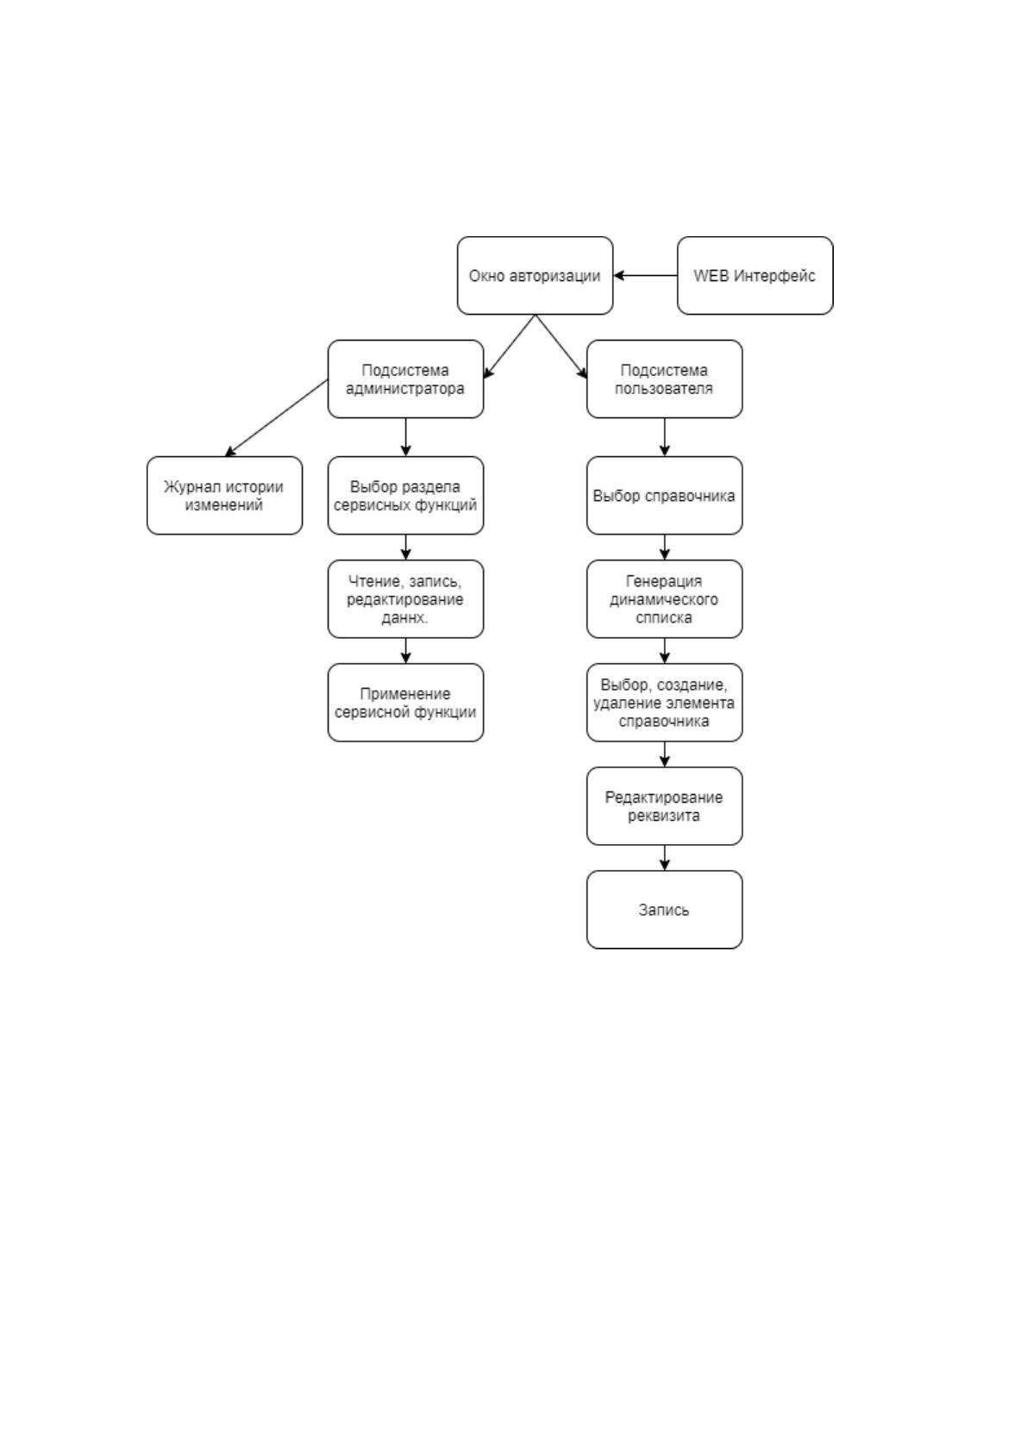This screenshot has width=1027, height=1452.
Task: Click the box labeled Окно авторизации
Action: tap(535, 276)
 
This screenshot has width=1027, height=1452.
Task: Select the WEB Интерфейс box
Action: tap(755, 276)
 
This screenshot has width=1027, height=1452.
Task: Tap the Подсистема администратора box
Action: tap(406, 379)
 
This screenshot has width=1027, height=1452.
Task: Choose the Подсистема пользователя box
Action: tap(665, 379)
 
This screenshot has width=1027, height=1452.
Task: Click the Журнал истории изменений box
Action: tap(224, 496)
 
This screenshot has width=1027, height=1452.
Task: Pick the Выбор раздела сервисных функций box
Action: tap(406, 496)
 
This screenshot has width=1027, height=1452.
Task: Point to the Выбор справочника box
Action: tap(665, 496)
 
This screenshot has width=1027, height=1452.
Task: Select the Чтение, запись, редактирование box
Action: tap(406, 599)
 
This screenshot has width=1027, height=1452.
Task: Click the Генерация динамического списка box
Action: tap(665, 599)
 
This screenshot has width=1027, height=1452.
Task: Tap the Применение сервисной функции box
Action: tap(406, 703)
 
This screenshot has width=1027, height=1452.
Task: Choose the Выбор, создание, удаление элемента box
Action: tap(665, 703)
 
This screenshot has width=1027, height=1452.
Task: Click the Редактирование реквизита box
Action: tap(665, 806)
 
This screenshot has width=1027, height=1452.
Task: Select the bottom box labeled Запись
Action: tap(665, 911)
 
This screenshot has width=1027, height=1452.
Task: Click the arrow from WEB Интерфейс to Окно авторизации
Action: tap(646, 276)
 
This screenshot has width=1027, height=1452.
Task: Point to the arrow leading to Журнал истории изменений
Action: tap(276, 418)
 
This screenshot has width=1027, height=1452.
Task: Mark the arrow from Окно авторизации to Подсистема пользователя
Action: tap(561, 347)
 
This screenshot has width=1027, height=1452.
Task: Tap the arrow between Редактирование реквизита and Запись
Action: tap(665, 858)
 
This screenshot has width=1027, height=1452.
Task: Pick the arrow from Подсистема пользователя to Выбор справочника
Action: tap(665, 437)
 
